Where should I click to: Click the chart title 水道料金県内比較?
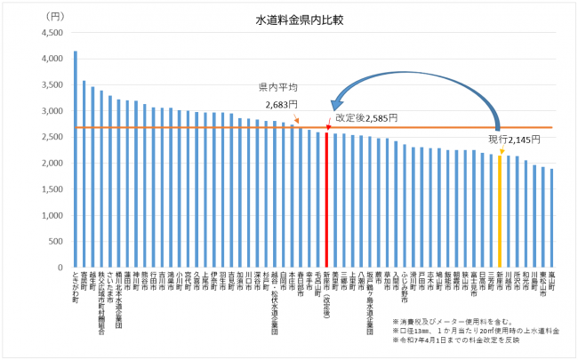(x=290, y=18)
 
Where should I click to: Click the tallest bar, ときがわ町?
(x=75, y=160)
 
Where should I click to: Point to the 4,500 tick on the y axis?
(x=52, y=33)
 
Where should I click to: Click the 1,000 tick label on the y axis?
(x=52, y=215)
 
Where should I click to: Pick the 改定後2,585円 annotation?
(x=367, y=116)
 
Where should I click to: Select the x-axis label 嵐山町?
(x=551, y=282)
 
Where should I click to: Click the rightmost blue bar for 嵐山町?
(x=551, y=218)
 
